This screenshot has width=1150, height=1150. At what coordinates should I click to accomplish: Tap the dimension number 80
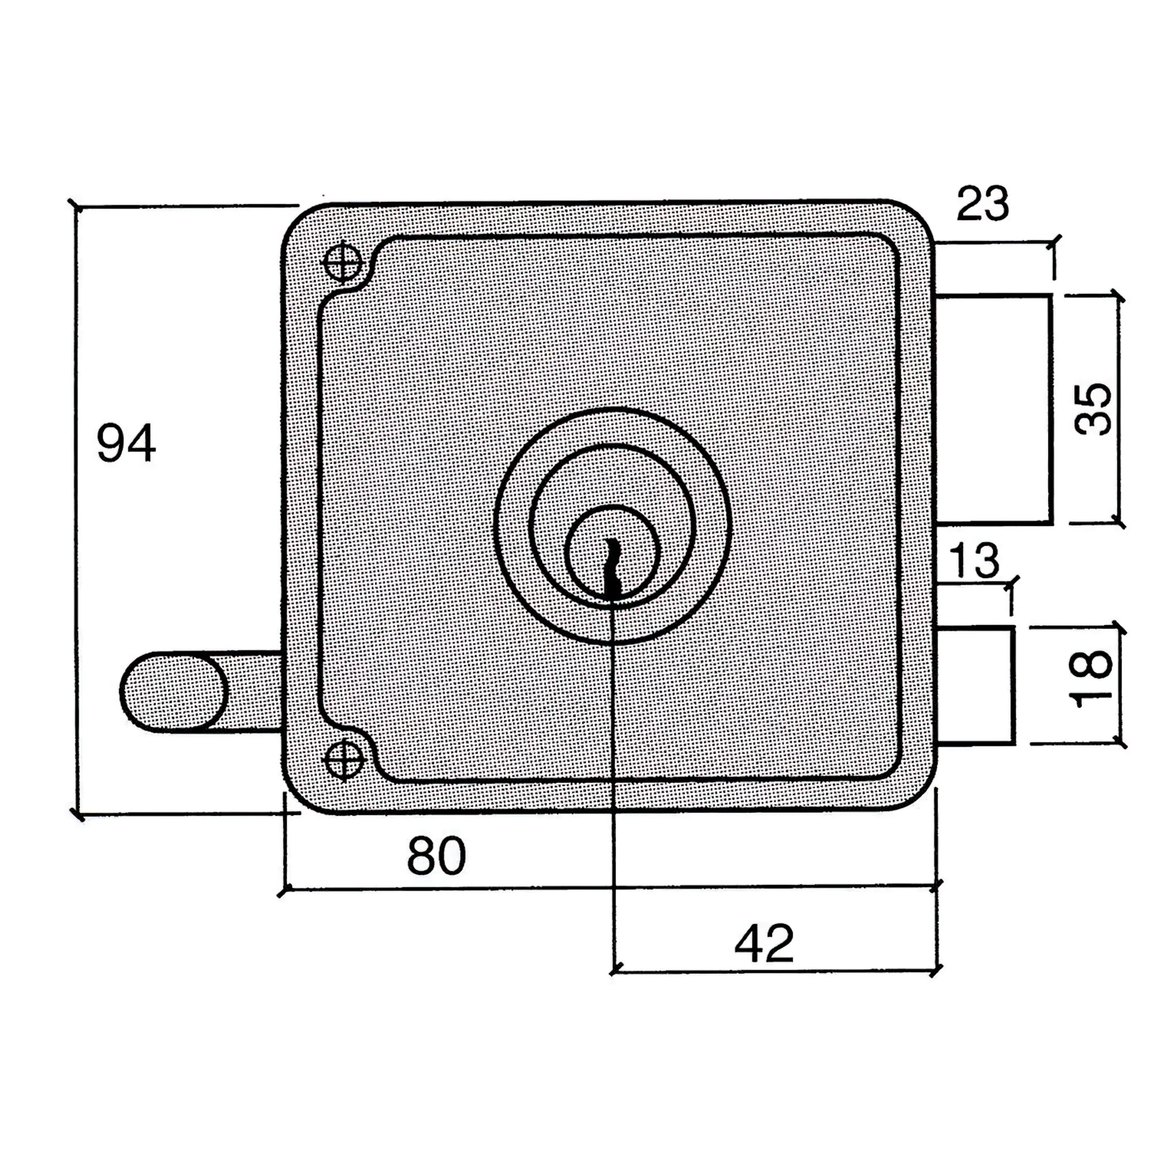point(436,855)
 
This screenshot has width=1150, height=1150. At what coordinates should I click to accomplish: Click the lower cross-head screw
point(344,760)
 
